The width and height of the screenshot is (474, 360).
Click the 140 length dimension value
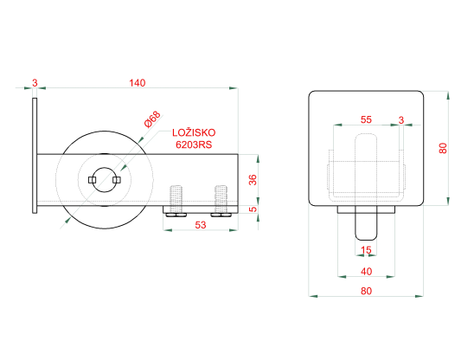click(x=138, y=82)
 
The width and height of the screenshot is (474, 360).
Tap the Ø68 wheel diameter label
click(x=152, y=119)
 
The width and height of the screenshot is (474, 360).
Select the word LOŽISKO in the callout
click(x=194, y=132)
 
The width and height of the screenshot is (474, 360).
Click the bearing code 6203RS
click(x=194, y=145)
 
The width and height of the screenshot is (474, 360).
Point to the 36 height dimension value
click(x=253, y=180)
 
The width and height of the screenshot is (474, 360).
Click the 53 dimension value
click(x=201, y=225)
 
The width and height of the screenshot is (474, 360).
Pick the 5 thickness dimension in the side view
click(x=253, y=209)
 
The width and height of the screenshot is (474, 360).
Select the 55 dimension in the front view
click(x=366, y=119)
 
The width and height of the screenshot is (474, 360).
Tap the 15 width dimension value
click(x=366, y=250)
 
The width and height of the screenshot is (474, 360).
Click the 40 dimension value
click(x=366, y=272)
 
